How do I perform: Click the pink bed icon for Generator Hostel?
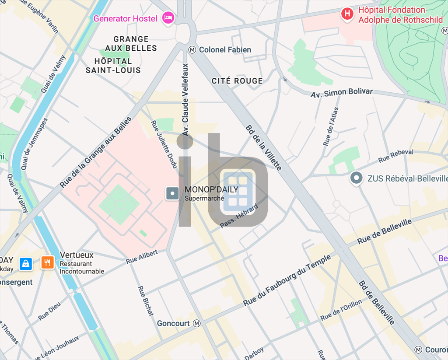168,18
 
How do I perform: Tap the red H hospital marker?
347,14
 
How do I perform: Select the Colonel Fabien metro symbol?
192,50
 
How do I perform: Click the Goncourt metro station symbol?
197,323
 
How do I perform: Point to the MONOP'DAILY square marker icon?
172,193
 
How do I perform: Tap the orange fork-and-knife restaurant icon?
48,262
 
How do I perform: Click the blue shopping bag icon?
26,263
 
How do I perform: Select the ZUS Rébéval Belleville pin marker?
357,178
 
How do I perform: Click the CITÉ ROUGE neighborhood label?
237,81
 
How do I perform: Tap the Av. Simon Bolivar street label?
342,93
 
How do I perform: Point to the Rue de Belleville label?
385,232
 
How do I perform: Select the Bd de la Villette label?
263,148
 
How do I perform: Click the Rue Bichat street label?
146,301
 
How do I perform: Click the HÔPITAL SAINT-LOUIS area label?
113,66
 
